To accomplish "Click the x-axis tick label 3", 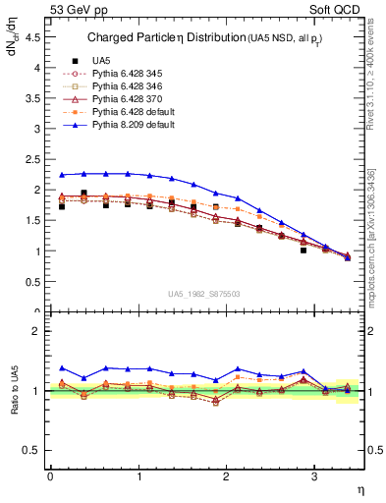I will coord(313,475).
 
